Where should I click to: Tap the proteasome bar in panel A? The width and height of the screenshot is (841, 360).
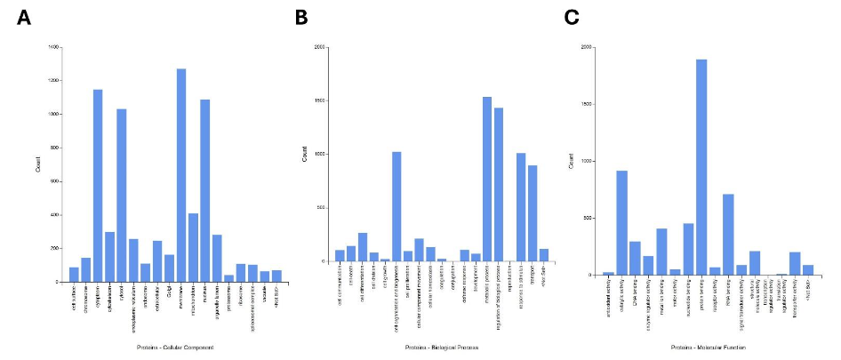(228, 277)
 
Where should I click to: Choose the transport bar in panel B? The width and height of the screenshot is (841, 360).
(533, 213)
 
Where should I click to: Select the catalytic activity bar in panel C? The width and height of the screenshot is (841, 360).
(622, 222)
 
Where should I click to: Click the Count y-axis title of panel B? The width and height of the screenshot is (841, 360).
(304, 155)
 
